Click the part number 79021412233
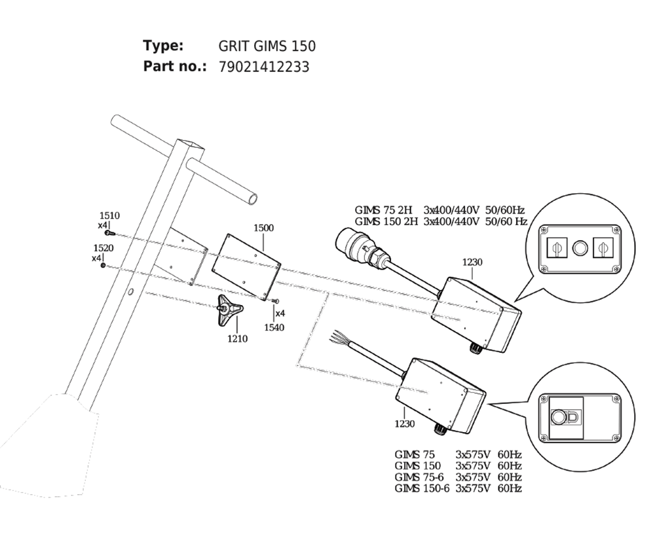263,67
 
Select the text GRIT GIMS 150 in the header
267,46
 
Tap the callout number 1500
263,228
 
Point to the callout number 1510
109,215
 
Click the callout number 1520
103,248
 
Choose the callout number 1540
274,327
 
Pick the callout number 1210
237,338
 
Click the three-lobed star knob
229,310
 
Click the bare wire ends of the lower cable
339,336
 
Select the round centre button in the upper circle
580,248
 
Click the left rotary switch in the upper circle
557,248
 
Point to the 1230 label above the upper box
472,263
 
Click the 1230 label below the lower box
405,424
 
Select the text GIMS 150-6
422,488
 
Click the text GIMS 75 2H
383,210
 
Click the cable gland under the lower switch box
440,429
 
